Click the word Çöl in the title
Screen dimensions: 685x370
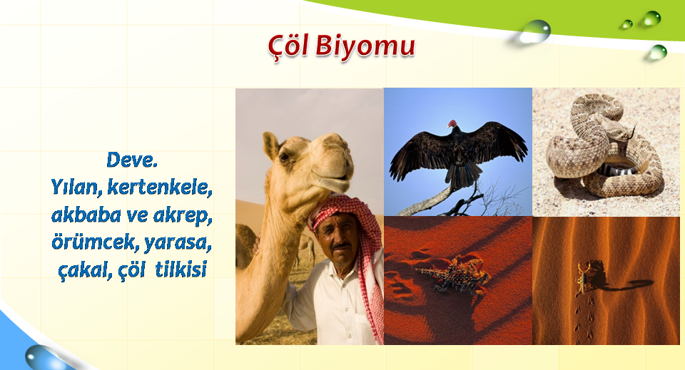288,46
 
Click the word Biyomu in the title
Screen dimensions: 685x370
365,46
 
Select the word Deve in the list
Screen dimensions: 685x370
130,160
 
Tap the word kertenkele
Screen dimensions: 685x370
159,187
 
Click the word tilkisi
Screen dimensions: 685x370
181,269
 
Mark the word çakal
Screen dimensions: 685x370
83,270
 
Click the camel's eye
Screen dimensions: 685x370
285,155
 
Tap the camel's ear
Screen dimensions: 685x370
270,145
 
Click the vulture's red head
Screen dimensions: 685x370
452,123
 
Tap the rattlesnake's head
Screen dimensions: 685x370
619,130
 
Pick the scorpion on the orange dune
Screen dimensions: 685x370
584,276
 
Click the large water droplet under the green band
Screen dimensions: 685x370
535,31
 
